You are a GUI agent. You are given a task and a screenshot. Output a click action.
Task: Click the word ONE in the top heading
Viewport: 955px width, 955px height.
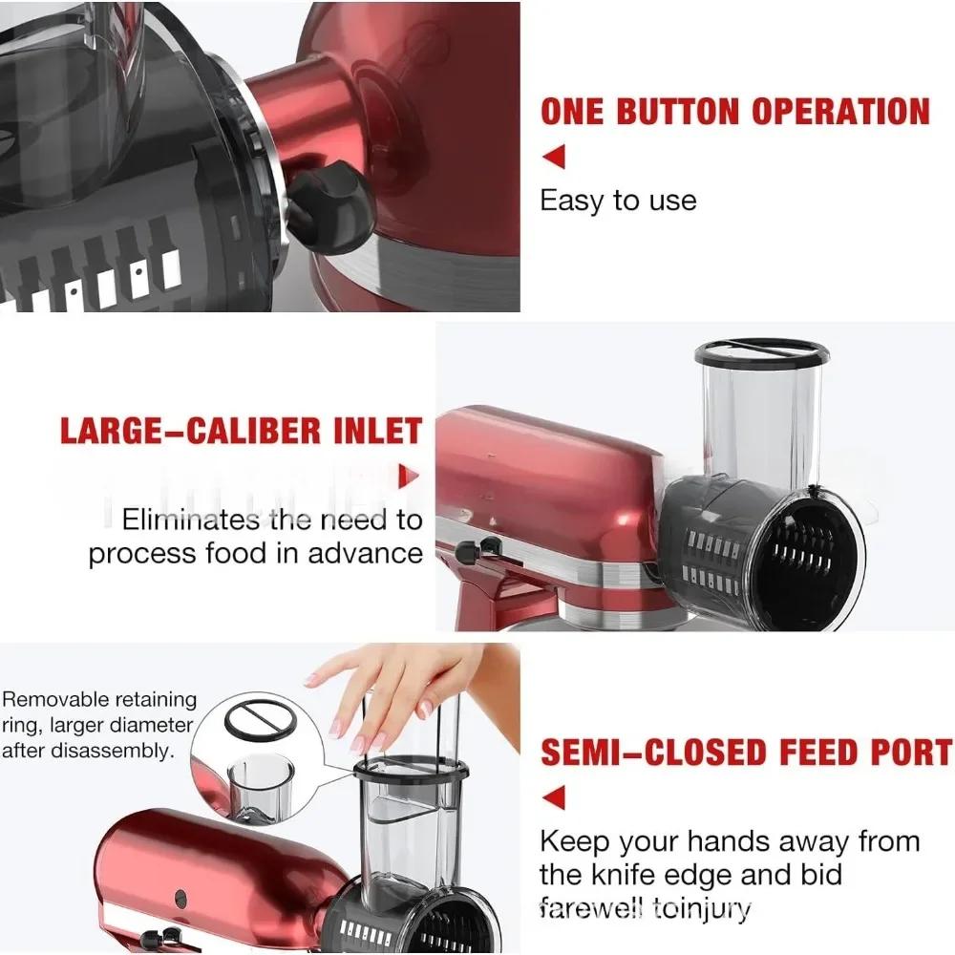coord(573,112)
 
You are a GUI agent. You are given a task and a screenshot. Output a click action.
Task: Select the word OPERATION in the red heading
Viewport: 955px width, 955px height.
coord(840,112)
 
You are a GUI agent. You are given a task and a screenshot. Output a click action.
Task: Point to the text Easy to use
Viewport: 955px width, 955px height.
coord(618,201)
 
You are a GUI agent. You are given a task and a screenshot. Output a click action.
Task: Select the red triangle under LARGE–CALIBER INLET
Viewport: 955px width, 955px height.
coord(410,475)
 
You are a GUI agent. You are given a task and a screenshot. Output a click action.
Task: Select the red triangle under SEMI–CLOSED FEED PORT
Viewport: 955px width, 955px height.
coord(553,796)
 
